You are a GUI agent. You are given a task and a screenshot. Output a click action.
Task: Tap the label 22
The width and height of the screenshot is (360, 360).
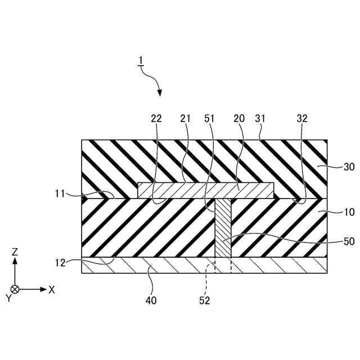click(156, 119)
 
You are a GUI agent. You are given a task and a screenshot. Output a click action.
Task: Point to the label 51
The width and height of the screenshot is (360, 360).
click(210, 119)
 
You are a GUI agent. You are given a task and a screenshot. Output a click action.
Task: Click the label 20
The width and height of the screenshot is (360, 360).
click(238, 119)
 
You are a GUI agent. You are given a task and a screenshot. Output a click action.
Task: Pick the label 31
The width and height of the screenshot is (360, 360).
click(261, 119)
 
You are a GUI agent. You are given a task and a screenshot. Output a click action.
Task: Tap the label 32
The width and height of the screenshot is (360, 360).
click(301, 119)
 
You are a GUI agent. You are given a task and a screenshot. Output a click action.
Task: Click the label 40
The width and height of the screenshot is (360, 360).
click(151, 300)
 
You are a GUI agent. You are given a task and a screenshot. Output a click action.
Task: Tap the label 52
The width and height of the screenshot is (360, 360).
click(204, 300)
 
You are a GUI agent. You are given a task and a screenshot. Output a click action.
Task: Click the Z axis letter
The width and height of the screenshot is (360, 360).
click(15, 253)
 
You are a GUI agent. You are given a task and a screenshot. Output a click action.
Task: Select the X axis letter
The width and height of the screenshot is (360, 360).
click(52, 290)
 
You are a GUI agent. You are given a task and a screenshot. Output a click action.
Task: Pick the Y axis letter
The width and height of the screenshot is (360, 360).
click(9, 299)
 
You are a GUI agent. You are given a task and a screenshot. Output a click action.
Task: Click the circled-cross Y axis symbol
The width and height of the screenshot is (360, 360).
click(15, 289)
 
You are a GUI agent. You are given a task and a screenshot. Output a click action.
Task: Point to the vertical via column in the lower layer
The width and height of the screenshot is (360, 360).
click(224, 228)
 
